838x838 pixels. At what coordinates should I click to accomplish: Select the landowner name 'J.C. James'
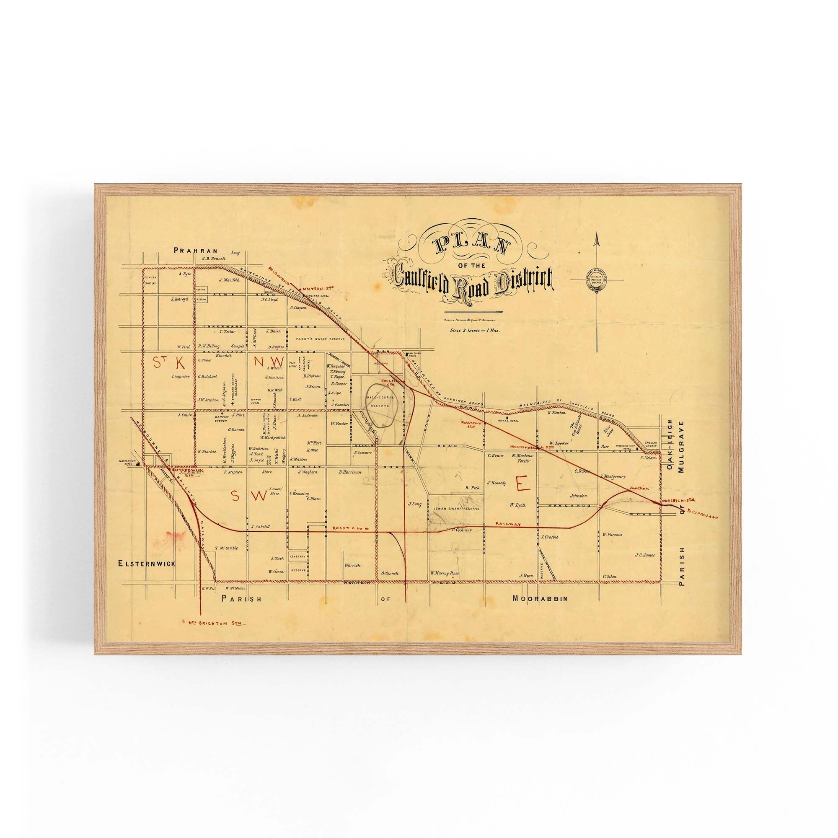point(644,554)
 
